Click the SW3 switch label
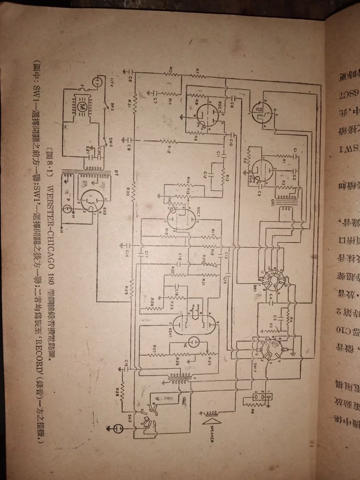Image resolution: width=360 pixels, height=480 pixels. point(112,106)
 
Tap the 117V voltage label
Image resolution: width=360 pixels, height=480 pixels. point(103,81)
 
